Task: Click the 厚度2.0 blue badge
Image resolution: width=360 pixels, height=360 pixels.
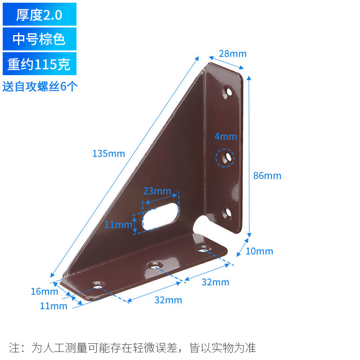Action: (x=39, y=15)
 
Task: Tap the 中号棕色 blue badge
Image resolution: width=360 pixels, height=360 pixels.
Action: (x=39, y=39)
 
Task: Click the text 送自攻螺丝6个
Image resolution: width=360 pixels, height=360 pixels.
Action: (x=40, y=86)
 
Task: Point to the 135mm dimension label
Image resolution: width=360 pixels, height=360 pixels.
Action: (x=108, y=153)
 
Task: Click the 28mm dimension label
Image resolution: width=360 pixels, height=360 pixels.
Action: (x=233, y=54)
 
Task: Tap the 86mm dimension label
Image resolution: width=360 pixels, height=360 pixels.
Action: (x=267, y=176)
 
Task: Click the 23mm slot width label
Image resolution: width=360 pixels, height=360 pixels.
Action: (x=157, y=191)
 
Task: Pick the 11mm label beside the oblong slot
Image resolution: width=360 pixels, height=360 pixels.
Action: (x=118, y=225)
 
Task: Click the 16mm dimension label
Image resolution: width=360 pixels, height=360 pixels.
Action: (x=45, y=292)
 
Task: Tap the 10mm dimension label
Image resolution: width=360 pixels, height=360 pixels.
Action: (x=259, y=251)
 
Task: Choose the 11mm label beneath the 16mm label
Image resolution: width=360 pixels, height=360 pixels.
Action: (x=54, y=306)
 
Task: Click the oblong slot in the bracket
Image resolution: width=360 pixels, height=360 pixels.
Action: (x=160, y=216)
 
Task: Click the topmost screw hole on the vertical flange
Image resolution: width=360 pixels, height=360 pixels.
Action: (x=228, y=93)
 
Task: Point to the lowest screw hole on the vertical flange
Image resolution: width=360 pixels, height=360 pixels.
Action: (x=227, y=213)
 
